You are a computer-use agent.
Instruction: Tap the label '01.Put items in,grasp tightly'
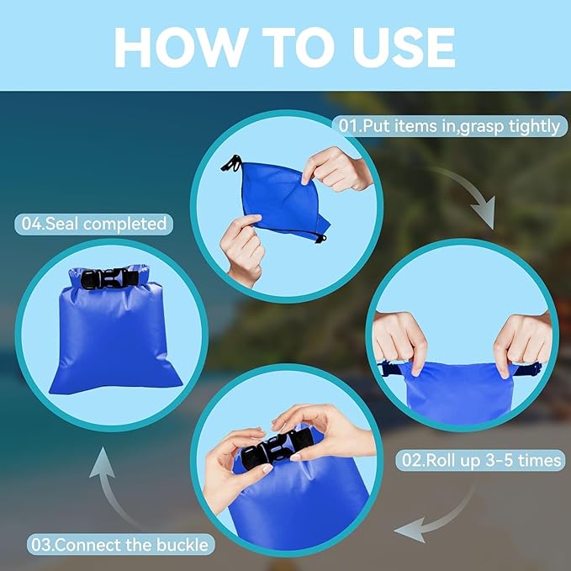pyautogui.click(x=448, y=126)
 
